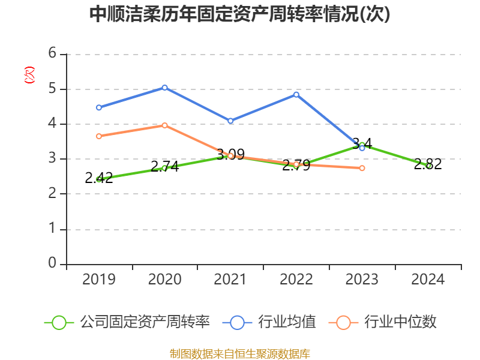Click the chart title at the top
239,14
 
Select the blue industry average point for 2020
164,88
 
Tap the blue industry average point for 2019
99,107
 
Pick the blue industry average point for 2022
296,94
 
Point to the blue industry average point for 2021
230,121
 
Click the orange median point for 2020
164,125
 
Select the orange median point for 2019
99,136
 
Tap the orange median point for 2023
362,168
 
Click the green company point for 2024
428,166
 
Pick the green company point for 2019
99,179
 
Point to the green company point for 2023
362,145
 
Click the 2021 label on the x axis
230,280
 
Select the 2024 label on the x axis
428,280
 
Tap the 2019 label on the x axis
99,280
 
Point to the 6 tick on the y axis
52,53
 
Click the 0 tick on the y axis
52,263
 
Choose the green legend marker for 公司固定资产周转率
59,322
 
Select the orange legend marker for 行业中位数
343,322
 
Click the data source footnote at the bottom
239,353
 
